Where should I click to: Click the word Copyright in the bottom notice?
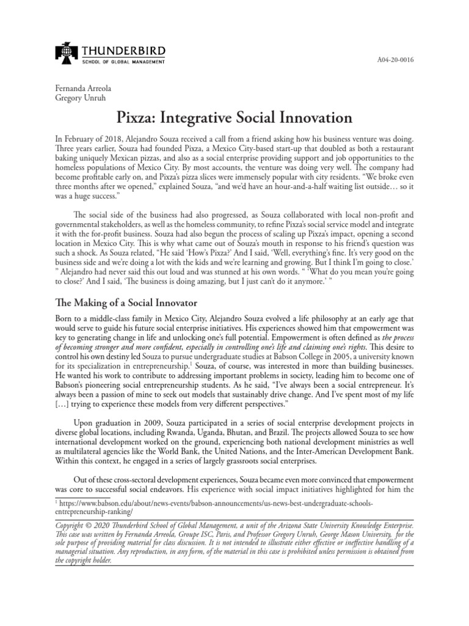(x=75, y=525)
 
